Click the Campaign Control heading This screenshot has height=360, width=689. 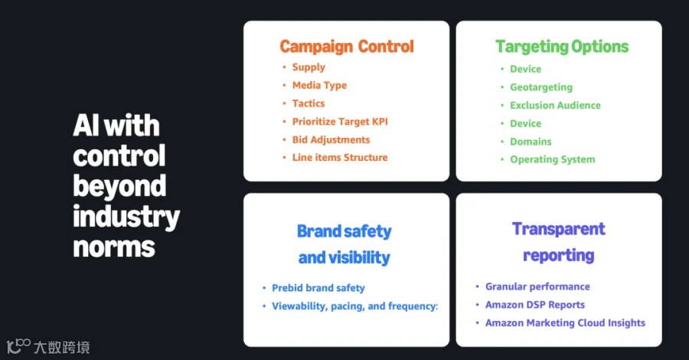click(347, 47)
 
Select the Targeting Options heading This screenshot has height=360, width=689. click(562, 47)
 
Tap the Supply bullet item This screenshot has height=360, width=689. click(309, 67)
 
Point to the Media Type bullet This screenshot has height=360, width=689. click(319, 85)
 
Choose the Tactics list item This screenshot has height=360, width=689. click(309, 103)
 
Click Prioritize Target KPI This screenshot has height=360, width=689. click(340, 121)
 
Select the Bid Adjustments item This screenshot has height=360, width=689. click(331, 139)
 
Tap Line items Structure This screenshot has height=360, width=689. click(340, 157)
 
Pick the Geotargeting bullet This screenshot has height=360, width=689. click(541, 87)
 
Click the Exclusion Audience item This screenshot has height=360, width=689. click(556, 106)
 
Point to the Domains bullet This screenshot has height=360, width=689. click(531, 142)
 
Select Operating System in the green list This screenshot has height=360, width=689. click(553, 159)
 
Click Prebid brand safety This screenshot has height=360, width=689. click(318, 288)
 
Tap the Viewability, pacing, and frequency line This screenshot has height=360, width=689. click(355, 306)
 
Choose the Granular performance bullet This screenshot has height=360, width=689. click(538, 286)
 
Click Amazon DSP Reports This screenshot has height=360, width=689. click(535, 305)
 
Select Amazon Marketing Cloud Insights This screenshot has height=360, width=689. click(566, 323)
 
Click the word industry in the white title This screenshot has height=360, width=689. click(126, 217)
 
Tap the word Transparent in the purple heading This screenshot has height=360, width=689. click(559, 229)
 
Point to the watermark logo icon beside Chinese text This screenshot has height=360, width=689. click(18, 345)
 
